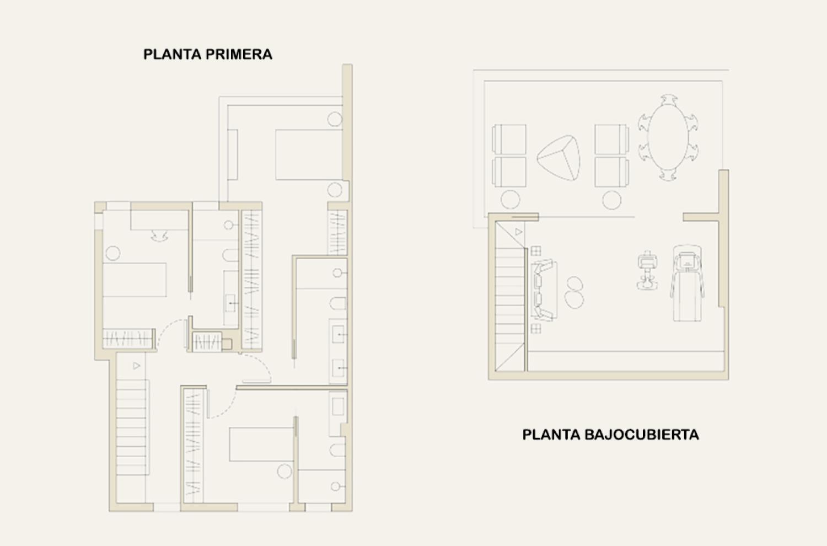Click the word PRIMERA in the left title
point(239,54)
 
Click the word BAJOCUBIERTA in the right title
point(642,435)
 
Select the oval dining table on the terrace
point(668,137)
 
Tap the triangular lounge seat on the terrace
point(558,158)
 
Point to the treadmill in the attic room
point(687,283)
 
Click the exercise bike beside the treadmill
point(647,270)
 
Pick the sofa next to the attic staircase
point(544,290)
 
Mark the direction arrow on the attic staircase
point(519,232)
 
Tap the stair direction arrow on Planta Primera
point(137,366)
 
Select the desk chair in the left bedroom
point(159,236)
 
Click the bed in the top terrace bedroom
point(309,155)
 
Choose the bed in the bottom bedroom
point(261,445)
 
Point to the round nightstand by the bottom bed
point(284,472)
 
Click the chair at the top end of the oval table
point(669,99)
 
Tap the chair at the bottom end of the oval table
point(668,175)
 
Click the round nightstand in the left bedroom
point(113,253)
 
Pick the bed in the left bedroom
point(135,280)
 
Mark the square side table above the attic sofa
point(536,251)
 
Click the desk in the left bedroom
point(159,221)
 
